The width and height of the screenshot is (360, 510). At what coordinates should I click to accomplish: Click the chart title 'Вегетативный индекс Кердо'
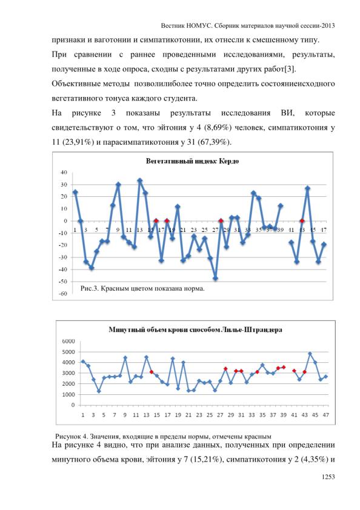point(192,161)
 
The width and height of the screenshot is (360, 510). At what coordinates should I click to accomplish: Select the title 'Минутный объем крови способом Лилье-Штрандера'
point(195,330)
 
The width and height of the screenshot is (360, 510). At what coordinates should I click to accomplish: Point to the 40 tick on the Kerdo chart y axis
point(64,173)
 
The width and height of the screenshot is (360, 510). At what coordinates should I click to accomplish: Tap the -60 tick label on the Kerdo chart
point(62,293)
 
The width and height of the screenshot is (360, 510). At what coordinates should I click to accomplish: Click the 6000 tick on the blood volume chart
point(68,341)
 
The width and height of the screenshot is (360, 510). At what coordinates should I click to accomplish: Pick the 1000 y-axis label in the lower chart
point(68,394)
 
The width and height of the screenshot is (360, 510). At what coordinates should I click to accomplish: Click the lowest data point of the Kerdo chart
point(215,279)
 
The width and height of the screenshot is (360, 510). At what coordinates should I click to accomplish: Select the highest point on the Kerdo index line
point(140,180)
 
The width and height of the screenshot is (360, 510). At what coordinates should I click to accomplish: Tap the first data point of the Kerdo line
point(75,192)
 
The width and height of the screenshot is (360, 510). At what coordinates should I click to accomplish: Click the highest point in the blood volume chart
point(310,354)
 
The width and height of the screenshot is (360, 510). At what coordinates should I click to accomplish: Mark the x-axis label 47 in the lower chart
point(326,415)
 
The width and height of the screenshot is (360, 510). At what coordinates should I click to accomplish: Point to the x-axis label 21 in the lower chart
point(188,415)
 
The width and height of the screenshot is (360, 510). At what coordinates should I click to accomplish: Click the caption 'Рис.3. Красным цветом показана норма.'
point(142,288)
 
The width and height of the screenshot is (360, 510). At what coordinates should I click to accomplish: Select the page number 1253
point(328,477)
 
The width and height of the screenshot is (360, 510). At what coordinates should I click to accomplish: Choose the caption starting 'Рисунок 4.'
point(163,437)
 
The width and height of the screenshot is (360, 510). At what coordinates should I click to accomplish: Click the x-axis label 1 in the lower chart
point(82,415)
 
